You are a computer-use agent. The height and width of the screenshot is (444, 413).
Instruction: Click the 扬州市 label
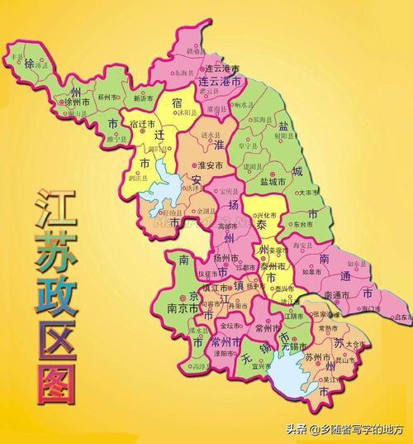tap(226, 257)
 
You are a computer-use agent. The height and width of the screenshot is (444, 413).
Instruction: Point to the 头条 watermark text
tap(297, 428)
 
